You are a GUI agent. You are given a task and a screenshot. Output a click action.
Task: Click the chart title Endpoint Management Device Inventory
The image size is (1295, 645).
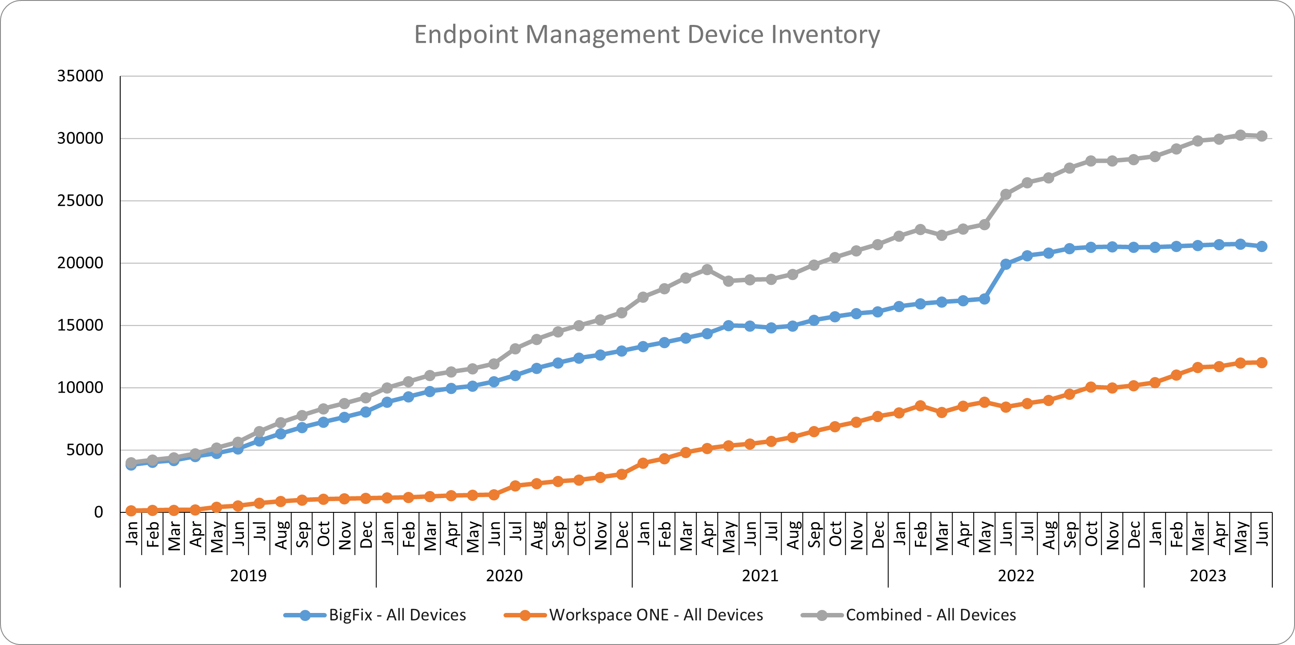(646, 35)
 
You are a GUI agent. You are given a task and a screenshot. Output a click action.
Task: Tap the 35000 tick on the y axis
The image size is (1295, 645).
(80, 76)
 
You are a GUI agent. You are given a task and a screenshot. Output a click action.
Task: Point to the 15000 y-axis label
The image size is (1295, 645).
(80, 325)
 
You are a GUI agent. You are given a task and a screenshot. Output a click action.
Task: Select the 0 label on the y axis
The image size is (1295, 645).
(98, 512)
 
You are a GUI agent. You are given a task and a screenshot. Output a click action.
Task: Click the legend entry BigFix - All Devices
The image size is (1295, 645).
(397, 615)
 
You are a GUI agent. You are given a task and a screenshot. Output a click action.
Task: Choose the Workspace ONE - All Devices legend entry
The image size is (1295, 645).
(656, 615)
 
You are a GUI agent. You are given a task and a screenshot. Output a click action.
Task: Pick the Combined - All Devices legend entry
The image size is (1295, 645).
(930, 615)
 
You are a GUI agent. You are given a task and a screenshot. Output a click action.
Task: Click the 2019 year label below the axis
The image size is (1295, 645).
(248, 576)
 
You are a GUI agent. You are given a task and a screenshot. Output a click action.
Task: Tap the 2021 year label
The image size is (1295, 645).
(760, 576)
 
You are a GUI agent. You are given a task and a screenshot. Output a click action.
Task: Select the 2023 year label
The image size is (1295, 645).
(1208, 576)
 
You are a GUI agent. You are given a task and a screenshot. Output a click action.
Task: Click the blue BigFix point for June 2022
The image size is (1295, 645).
(1006, 264)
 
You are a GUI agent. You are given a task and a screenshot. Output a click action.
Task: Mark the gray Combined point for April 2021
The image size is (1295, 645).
(707, 269)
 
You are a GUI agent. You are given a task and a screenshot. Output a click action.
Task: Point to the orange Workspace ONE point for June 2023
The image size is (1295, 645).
(1261, 362)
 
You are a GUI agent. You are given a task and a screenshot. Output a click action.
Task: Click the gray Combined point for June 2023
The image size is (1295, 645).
(1261, 136)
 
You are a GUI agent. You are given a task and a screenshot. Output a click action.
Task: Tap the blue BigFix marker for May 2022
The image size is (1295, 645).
(984, 299)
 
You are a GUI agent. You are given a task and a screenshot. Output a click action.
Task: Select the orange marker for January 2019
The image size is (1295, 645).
(131, 511)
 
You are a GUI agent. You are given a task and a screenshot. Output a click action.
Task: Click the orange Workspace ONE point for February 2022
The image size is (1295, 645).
(921, 406)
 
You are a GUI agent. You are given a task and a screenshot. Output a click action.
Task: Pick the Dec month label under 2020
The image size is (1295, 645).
(622, 535)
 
